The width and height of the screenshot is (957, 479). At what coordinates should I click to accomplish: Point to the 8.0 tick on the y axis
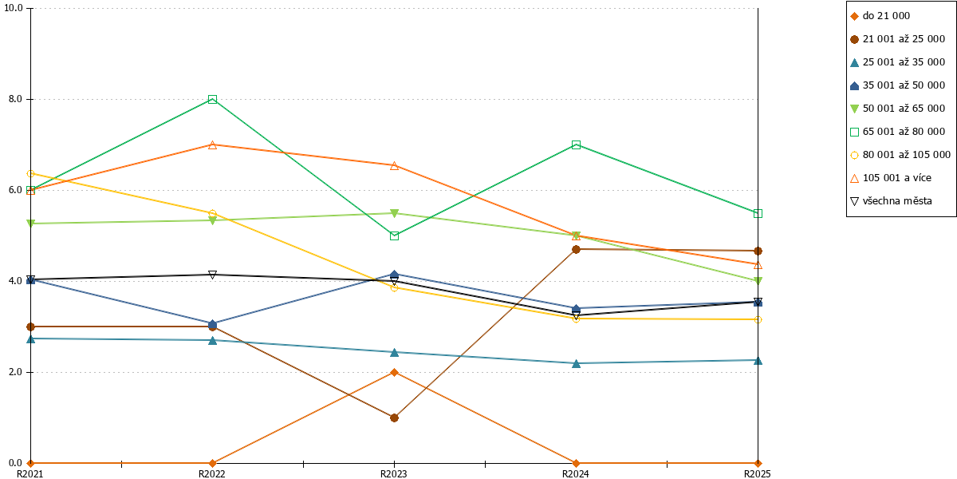pyautogui.click(x=15, y=99)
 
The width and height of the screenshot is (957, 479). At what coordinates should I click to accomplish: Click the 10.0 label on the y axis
pyautogui.click(x=14, y=8)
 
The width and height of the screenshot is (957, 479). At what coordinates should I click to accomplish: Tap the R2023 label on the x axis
pyautogui.click(x=394, y=473)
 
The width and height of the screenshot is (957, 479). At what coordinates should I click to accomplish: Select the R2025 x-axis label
pyautogui.click(x=758, y=473)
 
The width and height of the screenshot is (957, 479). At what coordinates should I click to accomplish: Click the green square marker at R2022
pyautogui.click(x=212, y=99)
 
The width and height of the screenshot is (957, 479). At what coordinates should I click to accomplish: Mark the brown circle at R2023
pyautogui.click(x=394, y=418)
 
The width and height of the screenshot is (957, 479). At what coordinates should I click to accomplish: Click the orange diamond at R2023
pyautogui.click(x=394, y=373)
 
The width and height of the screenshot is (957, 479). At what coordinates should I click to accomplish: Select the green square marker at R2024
pyautogui.click(x=576, y=145)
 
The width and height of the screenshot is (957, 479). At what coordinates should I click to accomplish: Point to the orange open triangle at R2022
pyautogui.click(x=212, y=145)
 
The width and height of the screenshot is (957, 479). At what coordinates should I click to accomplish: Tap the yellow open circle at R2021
pyautogui.click(x=31, y=174)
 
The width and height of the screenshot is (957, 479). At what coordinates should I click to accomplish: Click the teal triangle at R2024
pyautogui.click(x=576, y=363)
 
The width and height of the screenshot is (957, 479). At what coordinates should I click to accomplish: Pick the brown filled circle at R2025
pyautogui.click(x=758, y=251)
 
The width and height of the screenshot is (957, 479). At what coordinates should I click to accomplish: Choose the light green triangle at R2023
pyautogui.click(x=394, y=213)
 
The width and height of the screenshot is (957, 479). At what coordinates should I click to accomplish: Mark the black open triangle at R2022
pyautogui.click(x=212, y=275)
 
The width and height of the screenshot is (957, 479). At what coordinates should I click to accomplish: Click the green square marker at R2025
pyautogui.click(x=758, y=213)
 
